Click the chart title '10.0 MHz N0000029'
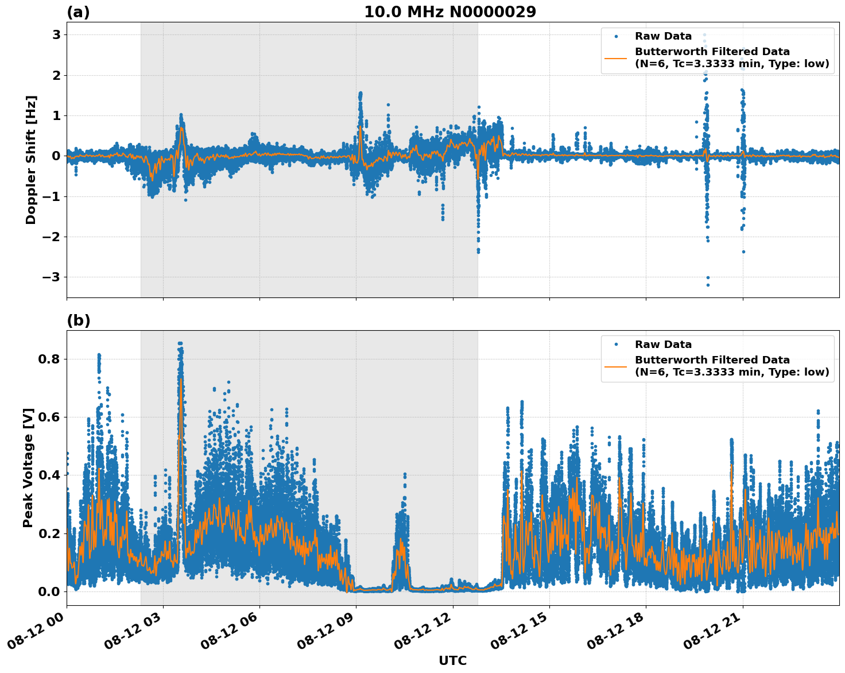pyautogui.click(x=449, y=12)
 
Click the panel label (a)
pyautogui.click(x=78, y=12)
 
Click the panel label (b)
pyautogui.click(x=78, y=320)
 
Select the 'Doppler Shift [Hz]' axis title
pyautogui.click(x=31, y=160)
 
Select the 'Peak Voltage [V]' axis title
pyautogui.click(x=28, y=467)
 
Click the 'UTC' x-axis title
pyautogui.click(x=452, y=660)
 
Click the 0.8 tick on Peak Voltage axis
pyautogui.click(x=50, y=359)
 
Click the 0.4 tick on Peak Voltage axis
pyautogui.click(x=50, y=475)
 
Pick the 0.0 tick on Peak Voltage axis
pyautogui.click(x=50, y=591)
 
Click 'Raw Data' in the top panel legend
pyautogui.click(x=663, y=36)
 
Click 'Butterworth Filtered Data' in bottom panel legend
pyautogui.click(x=712, y=360)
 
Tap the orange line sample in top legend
pyautogui.click(x=616, y=57)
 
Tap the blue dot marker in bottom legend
pyautogui.click(x=616, y=345)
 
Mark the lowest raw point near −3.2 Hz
pyautogui.click(x=708, y=285)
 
